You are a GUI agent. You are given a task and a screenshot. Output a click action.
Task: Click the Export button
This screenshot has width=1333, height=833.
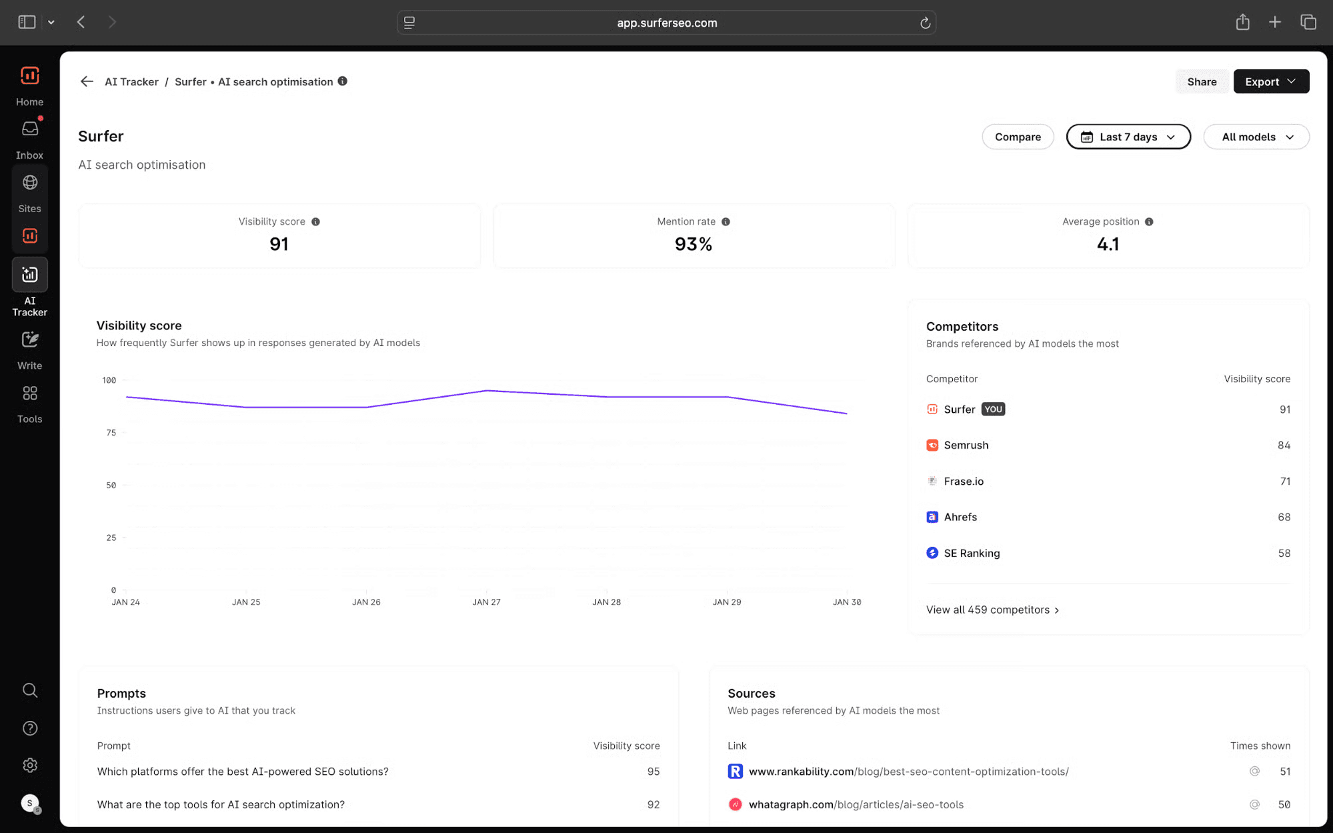pos(1271,81)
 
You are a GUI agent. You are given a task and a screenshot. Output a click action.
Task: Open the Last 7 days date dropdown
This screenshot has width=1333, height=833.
pos(1128,137)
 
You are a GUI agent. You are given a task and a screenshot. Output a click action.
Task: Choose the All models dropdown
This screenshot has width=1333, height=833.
pos(1256,137)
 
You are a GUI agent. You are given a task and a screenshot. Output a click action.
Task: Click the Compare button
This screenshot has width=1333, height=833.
pos(1018,137)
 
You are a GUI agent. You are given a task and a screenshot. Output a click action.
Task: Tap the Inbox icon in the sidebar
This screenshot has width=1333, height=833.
pos(30,129)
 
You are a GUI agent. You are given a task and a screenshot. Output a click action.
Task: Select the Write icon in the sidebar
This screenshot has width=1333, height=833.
pos(30,339)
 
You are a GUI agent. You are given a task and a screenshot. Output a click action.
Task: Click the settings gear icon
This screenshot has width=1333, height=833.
pos(30,765)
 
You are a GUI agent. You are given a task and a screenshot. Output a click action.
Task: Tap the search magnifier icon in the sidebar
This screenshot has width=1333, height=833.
pos(30,690)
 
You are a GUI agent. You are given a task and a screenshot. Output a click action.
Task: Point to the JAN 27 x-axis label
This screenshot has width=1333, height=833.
pos(486,602)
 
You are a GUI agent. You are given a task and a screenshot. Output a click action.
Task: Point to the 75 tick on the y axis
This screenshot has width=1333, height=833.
pos(111,433)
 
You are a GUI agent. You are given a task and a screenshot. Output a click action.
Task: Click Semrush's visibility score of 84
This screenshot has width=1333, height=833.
pos(1284,445)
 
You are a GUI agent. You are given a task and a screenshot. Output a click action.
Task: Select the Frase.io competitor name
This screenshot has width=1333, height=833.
pos(964,481)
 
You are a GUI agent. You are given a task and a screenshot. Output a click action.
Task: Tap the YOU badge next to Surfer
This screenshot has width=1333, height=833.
pos(993,409)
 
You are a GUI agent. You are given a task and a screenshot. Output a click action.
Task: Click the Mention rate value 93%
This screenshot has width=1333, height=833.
pos(694,244)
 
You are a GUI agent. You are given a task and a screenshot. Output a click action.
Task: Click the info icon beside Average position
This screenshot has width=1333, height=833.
pos(1149,221)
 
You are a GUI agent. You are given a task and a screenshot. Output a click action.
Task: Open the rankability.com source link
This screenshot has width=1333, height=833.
pos(908,772)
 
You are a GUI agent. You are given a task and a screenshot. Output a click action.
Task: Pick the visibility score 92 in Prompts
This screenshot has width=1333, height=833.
pos(653,804)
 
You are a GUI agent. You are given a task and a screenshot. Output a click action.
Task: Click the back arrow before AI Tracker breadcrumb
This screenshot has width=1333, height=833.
pos(87,81)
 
